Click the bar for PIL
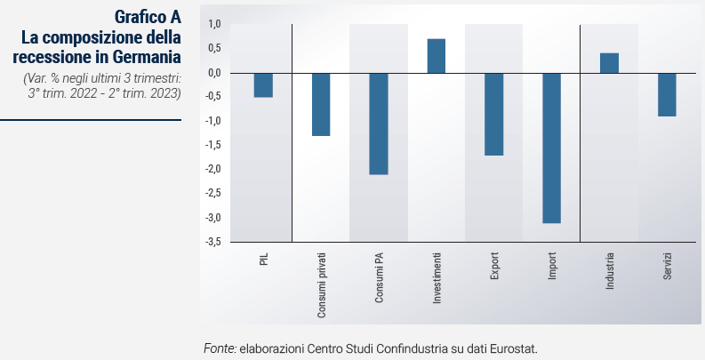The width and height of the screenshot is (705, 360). (263, 84)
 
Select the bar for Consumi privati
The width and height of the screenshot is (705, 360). (321, 104)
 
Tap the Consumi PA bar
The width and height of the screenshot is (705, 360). (379, 124)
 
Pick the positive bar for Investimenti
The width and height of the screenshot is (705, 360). (437, 56)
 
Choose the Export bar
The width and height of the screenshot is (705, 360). (494, 114)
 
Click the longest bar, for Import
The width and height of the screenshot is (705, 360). (552, 148)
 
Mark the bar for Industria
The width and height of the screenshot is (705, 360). (609, 63)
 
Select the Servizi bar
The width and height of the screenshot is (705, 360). (667, 94)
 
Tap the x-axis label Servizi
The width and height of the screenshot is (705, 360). (668, 268)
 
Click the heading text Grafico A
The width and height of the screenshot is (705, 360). (148, 18)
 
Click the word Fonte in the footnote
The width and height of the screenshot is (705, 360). (220, 348)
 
